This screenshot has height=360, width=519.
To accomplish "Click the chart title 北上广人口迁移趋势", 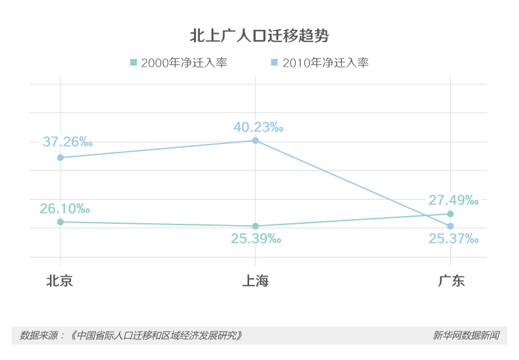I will click(259, 36).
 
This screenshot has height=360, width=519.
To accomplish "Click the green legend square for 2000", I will click(134, 63).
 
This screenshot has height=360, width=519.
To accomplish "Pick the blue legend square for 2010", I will click(274, 63).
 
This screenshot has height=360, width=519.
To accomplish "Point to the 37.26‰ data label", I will click(67, 141).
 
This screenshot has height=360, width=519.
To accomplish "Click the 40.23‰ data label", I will click(258, 127).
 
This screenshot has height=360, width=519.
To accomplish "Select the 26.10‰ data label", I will click(64, 208).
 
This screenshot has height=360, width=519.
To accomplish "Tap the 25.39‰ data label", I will click(256, 239).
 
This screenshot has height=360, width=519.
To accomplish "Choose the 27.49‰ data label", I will click(453, 200).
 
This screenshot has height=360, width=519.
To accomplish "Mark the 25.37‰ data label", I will click(453, 239).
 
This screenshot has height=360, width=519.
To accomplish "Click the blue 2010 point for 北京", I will click(60, 158).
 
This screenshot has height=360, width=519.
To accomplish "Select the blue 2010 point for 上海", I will click(256, 141).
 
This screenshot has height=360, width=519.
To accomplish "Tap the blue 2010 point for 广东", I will click(450, 226).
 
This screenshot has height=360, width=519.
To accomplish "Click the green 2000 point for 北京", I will click(60, 222).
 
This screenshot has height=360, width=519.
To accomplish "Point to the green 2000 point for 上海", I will click(256, 226).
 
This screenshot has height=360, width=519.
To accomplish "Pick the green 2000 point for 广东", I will click(450, 213).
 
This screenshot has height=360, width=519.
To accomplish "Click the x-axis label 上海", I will click(256, 281).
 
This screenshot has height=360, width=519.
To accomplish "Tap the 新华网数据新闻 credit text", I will click(466, 335).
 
